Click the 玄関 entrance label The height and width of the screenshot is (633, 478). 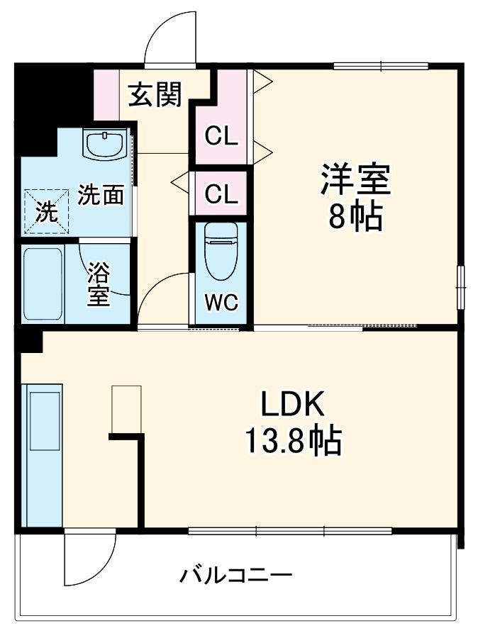[155, 94]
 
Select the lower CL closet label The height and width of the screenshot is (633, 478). [221, 194]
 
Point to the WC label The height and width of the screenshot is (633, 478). [221, 302]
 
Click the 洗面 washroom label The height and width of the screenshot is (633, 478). [101, 195]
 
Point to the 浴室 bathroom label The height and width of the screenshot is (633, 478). [99, 284]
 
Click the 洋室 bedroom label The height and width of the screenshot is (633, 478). [355, 179]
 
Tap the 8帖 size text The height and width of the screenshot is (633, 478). [355, 216]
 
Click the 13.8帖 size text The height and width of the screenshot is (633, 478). [293, 442]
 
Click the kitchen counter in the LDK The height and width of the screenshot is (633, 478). [44, 454]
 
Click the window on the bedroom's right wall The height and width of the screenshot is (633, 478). [460, 286]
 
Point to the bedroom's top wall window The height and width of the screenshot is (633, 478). [381, 67]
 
